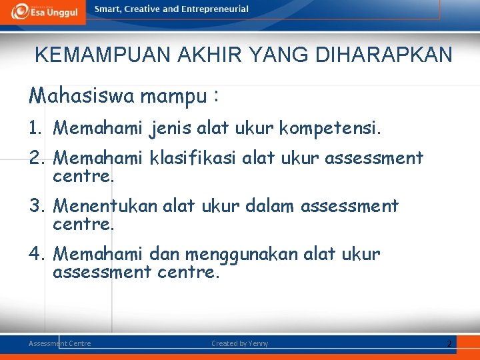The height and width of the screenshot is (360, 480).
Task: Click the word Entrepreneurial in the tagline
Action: pyautogui.click(x=217, y=9)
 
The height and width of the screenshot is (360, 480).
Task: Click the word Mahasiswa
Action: pyautogui.click(x=81, y=97)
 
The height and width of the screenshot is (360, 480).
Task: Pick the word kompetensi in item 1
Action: pyautogui.click(x=339, y=127)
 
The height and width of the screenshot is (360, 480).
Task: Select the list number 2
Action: pyautogui.click(x=35, y=158)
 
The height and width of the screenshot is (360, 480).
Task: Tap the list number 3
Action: pyautogui.click(x=35, y=206)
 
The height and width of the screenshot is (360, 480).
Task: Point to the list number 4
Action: pyautogui.click(x=35, y=254)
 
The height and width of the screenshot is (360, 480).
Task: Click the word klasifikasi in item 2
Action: pyautogui.click(x=195, y=158)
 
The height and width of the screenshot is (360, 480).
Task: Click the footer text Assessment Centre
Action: pyautogui.click(x=60, y=343)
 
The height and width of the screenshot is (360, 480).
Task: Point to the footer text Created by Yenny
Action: pyautogui.click(x=240, y=343)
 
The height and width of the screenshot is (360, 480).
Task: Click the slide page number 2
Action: pyautogui.click(x=449, y=343)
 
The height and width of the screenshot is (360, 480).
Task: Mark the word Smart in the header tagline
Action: pyautogui.click(x=107, y=9)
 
